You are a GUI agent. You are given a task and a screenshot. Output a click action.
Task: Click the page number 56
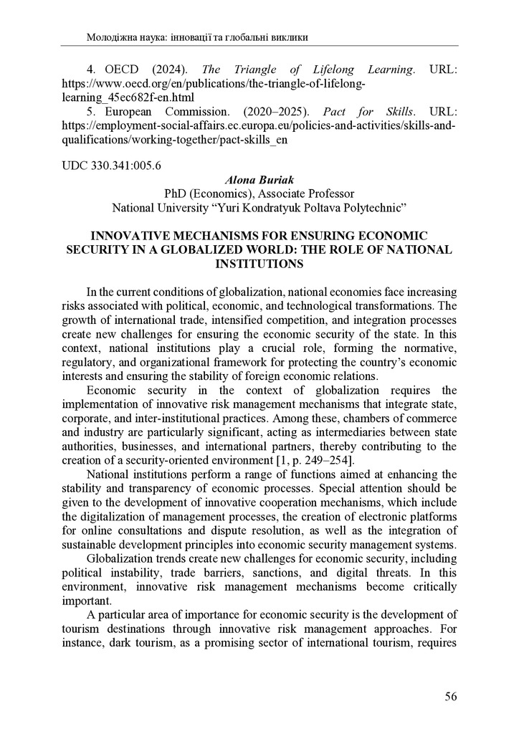click(449, 696)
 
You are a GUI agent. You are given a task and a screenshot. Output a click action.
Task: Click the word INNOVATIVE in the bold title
click(143, 236)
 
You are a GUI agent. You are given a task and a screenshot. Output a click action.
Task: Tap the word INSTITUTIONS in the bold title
click(259, 263)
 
